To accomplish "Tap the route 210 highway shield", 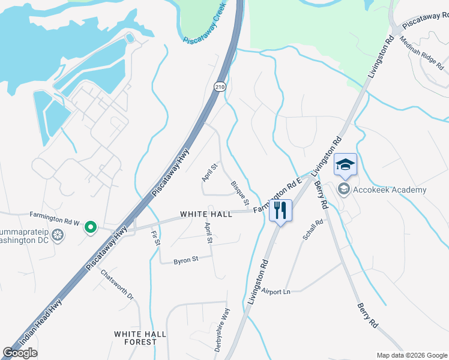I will click(x=220, y=87).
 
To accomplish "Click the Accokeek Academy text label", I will click(x=390, y=190).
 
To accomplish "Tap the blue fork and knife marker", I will click(x=280, y=211).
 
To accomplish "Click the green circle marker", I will click(x=91, y=227).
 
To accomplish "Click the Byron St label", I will click(x=185, y=260).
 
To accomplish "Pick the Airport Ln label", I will click(x=276, y=291).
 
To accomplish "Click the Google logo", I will click(x=20, y=353).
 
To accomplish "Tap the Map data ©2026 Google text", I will click(x=411, y=355).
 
